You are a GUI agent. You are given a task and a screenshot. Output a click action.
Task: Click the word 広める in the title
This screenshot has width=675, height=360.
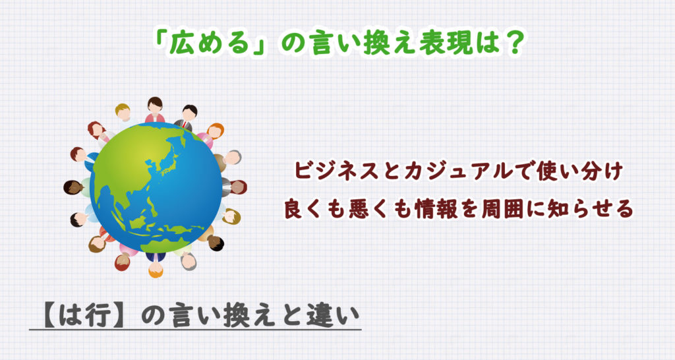coord(209,44)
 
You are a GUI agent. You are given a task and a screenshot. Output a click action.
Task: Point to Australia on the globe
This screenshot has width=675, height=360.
coord(169,244)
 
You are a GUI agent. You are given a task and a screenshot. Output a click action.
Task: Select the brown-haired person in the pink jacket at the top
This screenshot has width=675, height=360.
coord(154,110)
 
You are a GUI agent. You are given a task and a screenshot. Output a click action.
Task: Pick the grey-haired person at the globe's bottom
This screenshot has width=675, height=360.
coord(187,260)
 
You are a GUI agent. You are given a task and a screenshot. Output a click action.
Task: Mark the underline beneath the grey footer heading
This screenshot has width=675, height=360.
coord(195,330)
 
